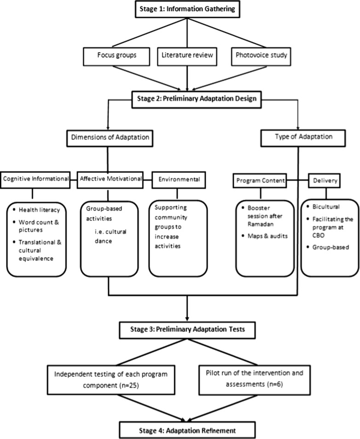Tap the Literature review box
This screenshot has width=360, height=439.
187,56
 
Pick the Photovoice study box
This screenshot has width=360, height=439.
261,56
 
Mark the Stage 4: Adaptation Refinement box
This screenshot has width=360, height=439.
187,430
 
